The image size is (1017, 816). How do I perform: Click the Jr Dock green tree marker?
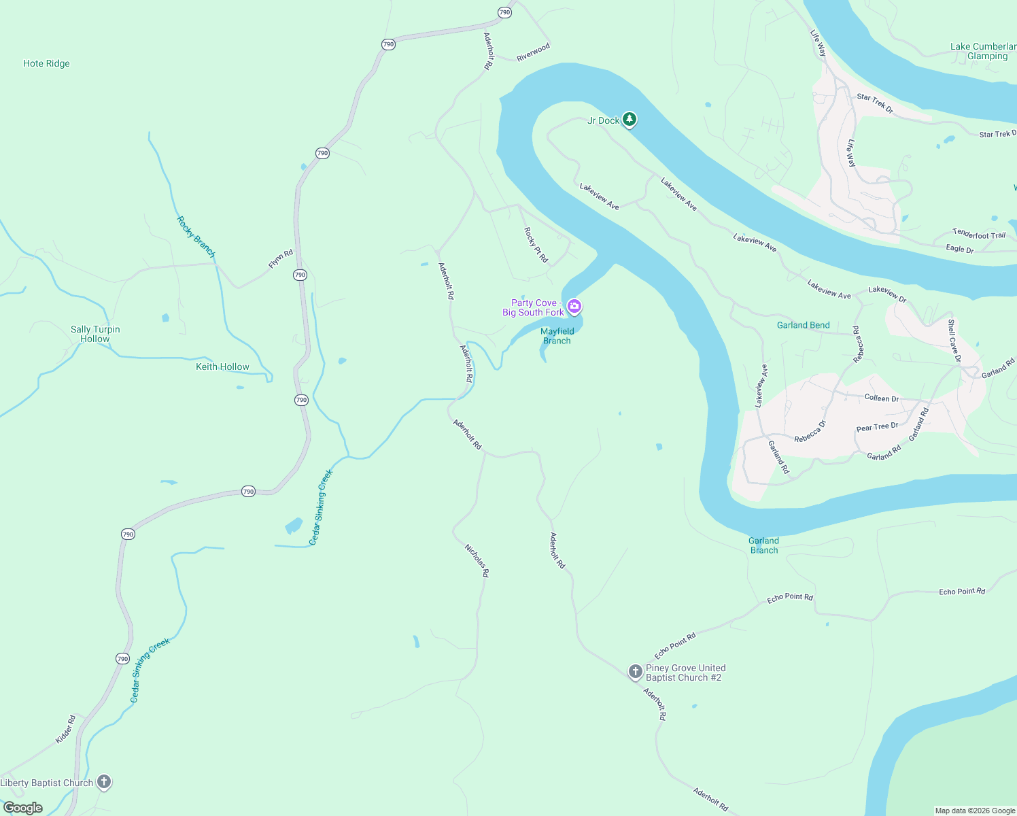630,120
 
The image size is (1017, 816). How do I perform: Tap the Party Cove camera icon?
574,307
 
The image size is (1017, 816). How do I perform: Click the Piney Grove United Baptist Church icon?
635,673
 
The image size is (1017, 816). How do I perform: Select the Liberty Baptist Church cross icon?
104,782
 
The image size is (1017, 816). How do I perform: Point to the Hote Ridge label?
46,64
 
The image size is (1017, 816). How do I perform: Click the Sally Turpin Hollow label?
95,334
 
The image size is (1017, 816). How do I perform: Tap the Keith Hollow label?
222,367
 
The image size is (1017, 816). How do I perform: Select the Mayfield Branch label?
557,336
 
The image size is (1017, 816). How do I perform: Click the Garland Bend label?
803,325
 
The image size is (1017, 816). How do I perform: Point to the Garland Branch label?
764,545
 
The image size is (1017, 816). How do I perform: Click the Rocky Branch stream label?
196,237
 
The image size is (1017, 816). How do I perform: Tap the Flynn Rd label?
280,259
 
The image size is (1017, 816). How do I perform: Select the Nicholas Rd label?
477,560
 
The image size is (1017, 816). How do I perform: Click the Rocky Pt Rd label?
536,245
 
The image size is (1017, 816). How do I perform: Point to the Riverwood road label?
533,52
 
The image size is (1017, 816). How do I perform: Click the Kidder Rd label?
65,729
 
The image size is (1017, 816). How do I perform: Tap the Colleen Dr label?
881,398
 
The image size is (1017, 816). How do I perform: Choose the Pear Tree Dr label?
877,427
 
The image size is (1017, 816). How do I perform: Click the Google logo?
23,808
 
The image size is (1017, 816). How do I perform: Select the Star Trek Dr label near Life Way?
875,103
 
